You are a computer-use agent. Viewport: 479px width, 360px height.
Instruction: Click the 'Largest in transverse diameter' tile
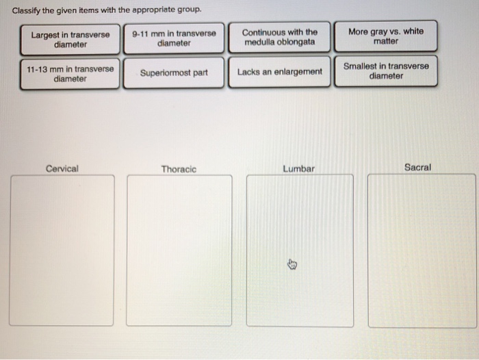(x=70, y=40)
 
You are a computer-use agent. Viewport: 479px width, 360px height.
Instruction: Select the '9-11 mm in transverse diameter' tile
(x=174, y=38)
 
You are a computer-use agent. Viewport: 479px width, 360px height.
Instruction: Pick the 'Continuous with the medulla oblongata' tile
(x=279, y=37)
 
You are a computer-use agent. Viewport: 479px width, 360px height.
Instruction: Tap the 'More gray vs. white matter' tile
(x=385, y=36)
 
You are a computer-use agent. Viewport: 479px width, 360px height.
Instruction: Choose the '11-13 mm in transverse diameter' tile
(x=70, y=74)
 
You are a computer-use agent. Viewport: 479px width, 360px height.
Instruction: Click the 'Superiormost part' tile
(x=174, y=73)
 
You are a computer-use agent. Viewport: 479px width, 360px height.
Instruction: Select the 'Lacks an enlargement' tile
(x=279, y=72)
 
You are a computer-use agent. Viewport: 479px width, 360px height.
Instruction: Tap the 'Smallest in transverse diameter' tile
(x=386, y=71)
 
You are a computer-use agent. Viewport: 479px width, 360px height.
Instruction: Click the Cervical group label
(x=62, y=168)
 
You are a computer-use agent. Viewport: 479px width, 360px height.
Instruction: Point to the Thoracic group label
(x=179, y=169)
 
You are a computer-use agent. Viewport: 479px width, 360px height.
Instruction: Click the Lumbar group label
(x=298, y=169)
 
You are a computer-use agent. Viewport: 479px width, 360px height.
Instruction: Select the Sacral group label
(x=417, y=167)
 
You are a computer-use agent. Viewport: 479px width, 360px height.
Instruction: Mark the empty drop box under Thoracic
(x=179, y=250)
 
